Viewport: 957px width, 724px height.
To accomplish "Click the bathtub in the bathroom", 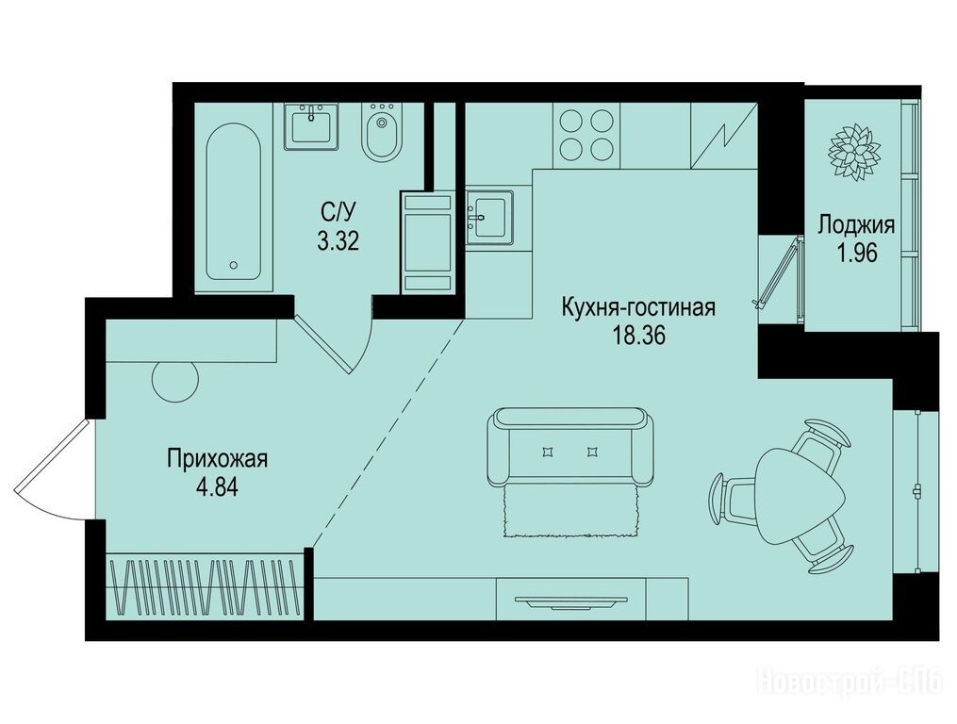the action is pos(234,202).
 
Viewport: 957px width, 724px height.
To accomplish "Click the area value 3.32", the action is pos(338,242).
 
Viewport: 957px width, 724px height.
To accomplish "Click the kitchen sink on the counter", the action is pos(489,218).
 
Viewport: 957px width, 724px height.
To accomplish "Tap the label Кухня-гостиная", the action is pos(637,307).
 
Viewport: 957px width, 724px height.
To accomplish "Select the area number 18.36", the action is pos(639,336).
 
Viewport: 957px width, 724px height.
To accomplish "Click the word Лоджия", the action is pos(856,225).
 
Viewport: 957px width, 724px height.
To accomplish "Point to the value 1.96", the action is pos(857,253).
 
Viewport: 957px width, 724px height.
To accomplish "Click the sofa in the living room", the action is pos(571,447).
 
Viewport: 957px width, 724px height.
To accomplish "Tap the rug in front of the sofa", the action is pos(571,510).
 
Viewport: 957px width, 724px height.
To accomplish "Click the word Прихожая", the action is pos(218,458).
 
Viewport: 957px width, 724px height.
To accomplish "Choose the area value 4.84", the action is pos(216,487).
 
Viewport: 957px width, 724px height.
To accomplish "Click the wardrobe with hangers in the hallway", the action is pos(206,586).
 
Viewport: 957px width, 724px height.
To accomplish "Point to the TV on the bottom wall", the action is pos(571,602).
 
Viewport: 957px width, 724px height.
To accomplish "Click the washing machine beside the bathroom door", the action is pos(427,242).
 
